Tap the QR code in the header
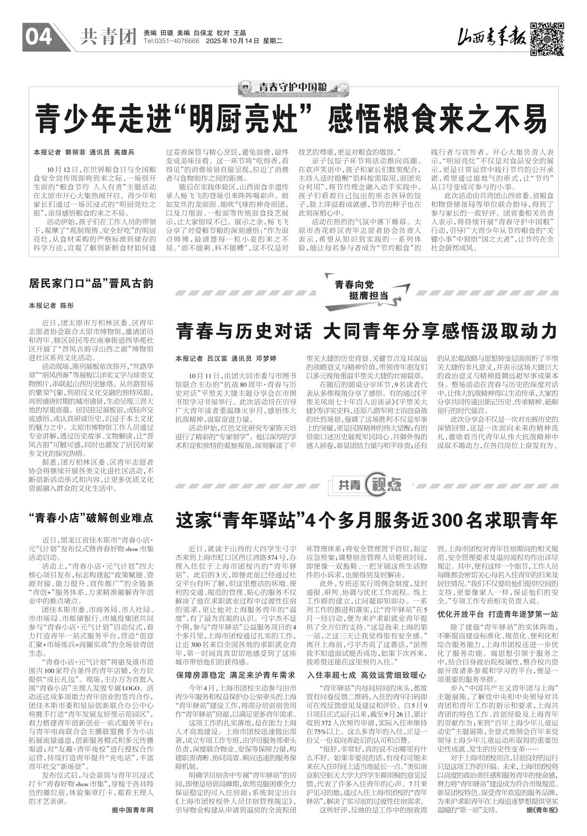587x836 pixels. (x=546, y=39)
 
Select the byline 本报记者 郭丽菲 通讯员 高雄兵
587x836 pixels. (x=84, y=152)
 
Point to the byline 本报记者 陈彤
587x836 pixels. (x=52, y=305)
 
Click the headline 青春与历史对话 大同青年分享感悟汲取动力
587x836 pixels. (x=367, y=331)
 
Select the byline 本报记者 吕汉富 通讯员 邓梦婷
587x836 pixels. (x=226, y=358)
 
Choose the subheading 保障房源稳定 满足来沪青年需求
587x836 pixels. (x=235, y=675)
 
